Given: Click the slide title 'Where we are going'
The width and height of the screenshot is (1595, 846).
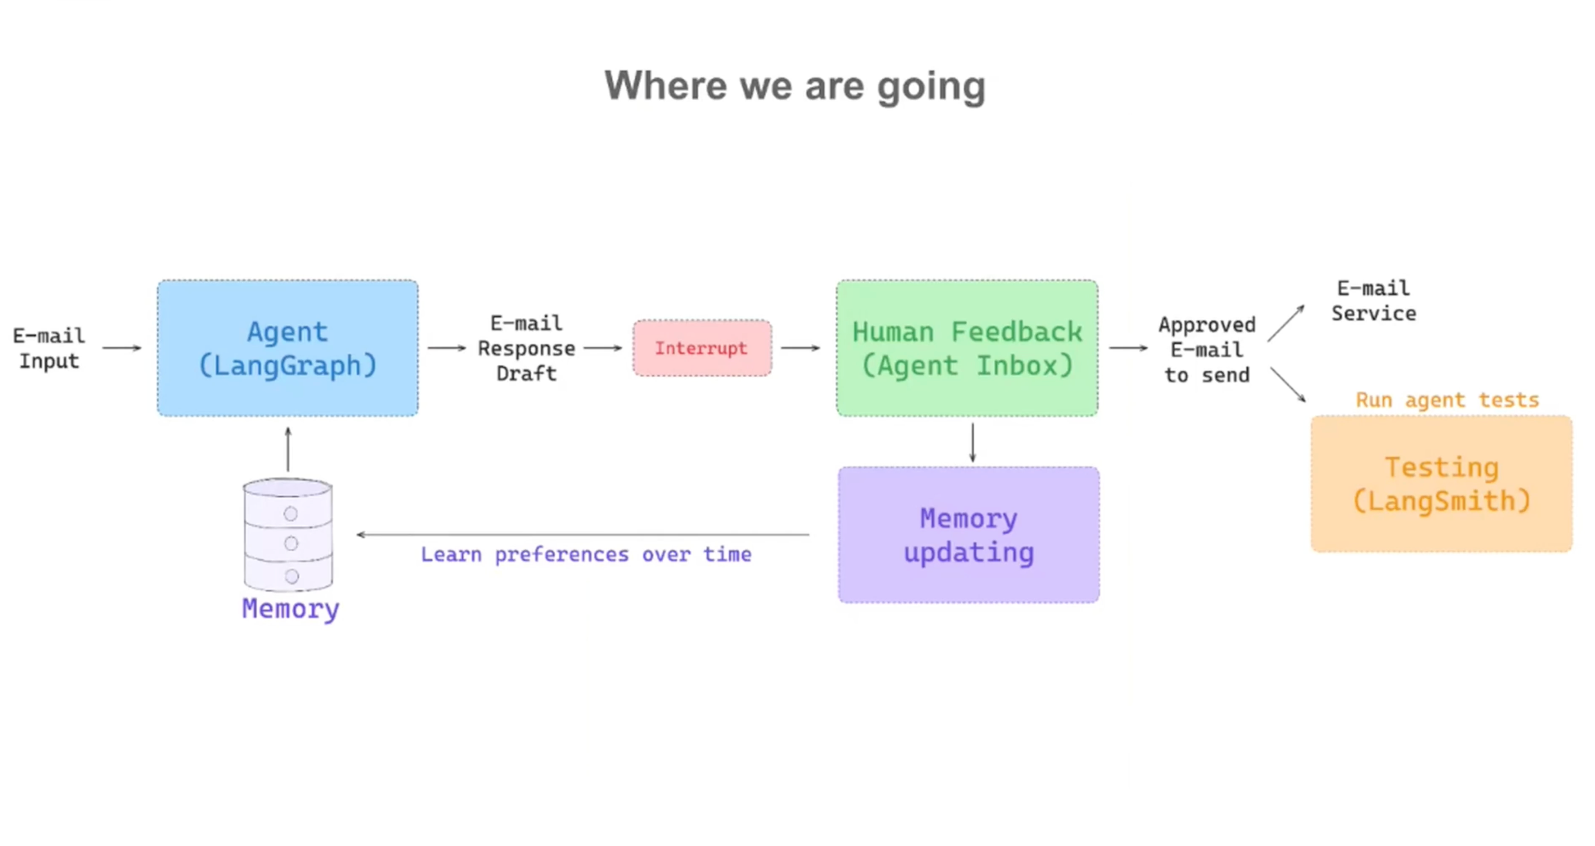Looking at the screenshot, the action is (x=795, y=86).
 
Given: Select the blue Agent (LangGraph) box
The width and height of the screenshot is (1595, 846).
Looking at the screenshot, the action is (x=288, y=348).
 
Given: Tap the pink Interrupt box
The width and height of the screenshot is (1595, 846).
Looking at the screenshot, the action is (x=702, y=348).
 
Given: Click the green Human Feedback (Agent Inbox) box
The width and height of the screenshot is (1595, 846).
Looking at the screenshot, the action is (x=967, y=348).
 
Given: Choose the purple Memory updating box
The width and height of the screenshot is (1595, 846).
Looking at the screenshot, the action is (x=969, y=534).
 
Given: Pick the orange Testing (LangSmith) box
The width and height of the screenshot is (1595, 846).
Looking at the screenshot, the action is (x=1442, y=484).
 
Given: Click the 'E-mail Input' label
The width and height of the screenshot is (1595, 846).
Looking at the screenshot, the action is (x=49, y=348).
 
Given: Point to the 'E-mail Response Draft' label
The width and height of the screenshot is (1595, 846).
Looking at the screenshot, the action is (x=526, y=348).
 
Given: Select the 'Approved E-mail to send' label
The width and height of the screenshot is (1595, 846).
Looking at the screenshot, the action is (x=1207, y=350).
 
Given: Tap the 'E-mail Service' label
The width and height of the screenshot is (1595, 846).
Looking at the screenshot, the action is (x=1374, y=301).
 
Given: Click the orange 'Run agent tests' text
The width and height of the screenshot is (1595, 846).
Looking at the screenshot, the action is (x=1447, y=399).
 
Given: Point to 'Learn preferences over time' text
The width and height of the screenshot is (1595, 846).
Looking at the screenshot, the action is (x=586, y=554).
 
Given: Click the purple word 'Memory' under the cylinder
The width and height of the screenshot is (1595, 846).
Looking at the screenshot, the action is (x=290, y=609).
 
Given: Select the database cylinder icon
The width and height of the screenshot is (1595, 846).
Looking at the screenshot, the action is (x=288, y=535).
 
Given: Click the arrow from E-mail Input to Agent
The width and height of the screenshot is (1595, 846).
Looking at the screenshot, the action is (x=122, y=348).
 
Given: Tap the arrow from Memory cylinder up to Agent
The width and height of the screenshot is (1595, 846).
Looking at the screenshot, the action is (x=288, y=449).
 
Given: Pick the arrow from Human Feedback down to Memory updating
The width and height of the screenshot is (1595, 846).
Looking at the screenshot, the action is (x=972, y=443).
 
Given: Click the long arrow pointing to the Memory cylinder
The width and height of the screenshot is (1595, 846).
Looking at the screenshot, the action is (x=583, y=534).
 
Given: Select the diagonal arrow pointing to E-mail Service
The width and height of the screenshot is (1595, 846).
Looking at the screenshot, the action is (x=1286, y=323).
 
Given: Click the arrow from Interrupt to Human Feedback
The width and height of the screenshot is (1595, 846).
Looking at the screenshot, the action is (x=801, y=348).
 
